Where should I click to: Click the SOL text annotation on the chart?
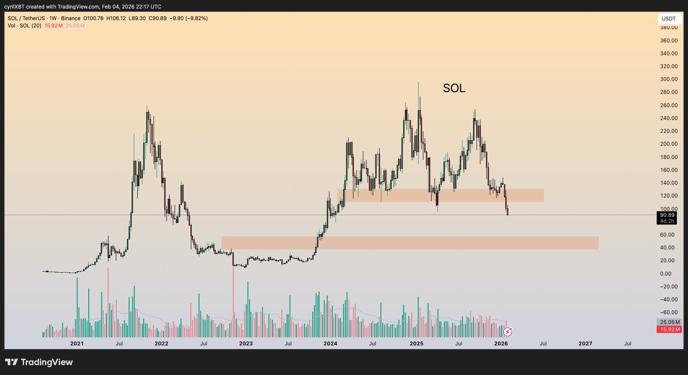tap(454, 88)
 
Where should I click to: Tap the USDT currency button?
tap(668, 19)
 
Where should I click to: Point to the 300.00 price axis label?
tap(669, 79)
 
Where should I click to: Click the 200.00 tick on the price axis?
tap(669, 144)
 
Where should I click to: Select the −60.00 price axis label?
tap(668, 312)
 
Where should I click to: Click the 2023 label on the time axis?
tap(246, 344)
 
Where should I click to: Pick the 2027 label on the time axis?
tap(585, 344)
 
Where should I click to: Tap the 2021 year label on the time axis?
tap(77, 344)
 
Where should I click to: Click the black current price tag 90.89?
tap(667, 215)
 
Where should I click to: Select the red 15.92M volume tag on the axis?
tap(669, 330)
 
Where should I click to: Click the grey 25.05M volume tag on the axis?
tap(669, 322)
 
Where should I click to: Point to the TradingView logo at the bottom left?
tap(39, 362)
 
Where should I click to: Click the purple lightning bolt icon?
tap(507, 332)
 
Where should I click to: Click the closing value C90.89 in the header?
tap(157, 18)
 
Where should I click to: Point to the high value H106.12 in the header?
tap(116, 18)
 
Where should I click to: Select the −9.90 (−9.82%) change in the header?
tap(189, 18)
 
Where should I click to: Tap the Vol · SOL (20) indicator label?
tap(24, 26)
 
